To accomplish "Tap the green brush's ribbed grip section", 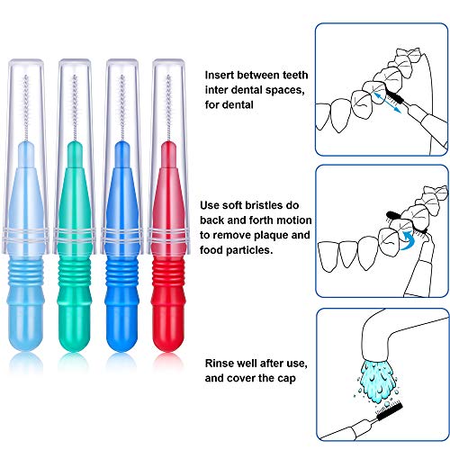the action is click(75, 274).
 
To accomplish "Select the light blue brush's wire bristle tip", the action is click(26, 77).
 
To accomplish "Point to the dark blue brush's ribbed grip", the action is click(121, 274).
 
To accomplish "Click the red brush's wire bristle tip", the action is click(168, 77).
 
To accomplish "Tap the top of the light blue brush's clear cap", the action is click(26, 61).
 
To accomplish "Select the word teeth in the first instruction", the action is click(295, 75).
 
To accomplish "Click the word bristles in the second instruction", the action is click(264, 205).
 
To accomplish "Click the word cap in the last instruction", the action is click(286, 379).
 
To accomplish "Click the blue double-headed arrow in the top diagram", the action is click(387, 103).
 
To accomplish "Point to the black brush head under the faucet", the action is click(390, 412).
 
